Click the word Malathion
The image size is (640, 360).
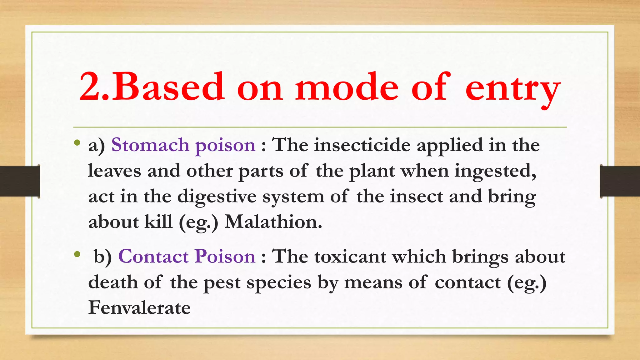273,222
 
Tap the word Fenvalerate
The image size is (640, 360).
139,307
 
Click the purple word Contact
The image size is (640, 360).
153,257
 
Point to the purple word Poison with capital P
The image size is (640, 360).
225,257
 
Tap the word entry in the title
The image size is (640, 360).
512,89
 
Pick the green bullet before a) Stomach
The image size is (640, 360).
77,143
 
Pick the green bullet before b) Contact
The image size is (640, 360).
77,255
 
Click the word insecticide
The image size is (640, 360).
362,145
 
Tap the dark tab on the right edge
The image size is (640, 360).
620,181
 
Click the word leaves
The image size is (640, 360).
114,171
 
